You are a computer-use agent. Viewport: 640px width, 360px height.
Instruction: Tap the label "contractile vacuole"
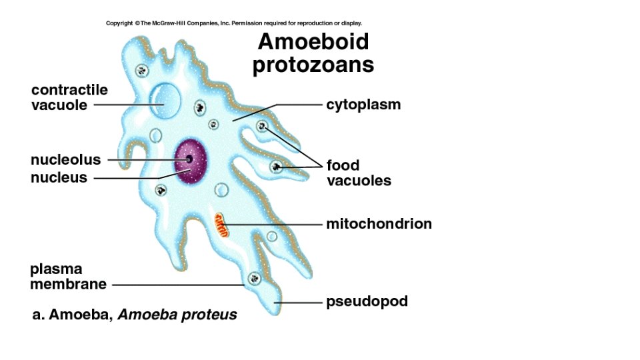(x=69, y=97)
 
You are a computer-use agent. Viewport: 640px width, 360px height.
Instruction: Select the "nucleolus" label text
(x=65, y=160)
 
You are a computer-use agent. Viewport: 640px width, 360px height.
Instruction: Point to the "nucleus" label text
(x=59, y=177)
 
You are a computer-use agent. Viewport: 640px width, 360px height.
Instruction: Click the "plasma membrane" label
(x=68, y=277)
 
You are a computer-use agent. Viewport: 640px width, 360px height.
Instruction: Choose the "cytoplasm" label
(x=363, y=105)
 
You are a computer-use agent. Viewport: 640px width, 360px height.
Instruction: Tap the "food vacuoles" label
(x=358, y=173)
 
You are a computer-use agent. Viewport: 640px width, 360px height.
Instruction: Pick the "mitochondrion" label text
(x=379, y=224)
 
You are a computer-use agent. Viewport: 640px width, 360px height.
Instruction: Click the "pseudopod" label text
(x=367, y=302)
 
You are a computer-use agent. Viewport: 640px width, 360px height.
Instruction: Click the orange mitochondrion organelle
(x=221, y=225)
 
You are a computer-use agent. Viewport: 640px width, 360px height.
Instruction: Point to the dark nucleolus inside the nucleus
(x=189, y=159)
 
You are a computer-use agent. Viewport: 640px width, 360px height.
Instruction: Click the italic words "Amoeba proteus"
(x=177, y=315)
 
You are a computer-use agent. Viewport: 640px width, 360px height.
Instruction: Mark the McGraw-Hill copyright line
(x=233, y=23)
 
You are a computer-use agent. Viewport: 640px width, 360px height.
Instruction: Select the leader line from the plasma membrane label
(x=177, y=285)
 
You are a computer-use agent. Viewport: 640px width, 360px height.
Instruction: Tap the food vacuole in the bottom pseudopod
(x=253, y=277)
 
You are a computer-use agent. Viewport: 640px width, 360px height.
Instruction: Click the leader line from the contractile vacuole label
(x=127, y=105)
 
